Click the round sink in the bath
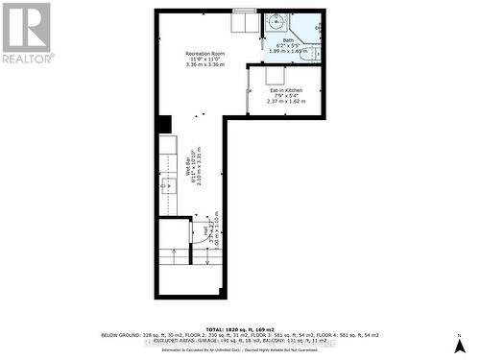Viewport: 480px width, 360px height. (275, 23)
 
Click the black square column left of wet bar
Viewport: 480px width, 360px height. (164, 125)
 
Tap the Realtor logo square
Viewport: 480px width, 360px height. (26, 27)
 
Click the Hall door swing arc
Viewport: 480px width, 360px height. (203, 233)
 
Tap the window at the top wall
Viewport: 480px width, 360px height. (245, 12)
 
